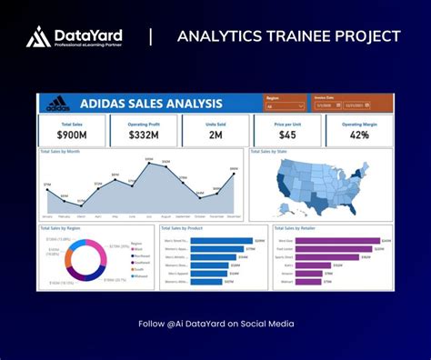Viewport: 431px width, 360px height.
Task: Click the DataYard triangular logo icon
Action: (x=38, y=36)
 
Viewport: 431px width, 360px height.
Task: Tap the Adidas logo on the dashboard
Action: (x=57, y=103)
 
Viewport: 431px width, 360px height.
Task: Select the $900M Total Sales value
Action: (x=71, y=135)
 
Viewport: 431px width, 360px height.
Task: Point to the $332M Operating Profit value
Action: (x=144, y=135)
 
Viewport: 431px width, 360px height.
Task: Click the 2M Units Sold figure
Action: (x=215, y=135)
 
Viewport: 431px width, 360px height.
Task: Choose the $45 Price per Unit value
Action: (x=286, y=135)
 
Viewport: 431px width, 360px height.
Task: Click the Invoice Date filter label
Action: (x=325, y=95)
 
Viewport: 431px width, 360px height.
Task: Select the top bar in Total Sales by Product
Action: (x=222, y=241)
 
